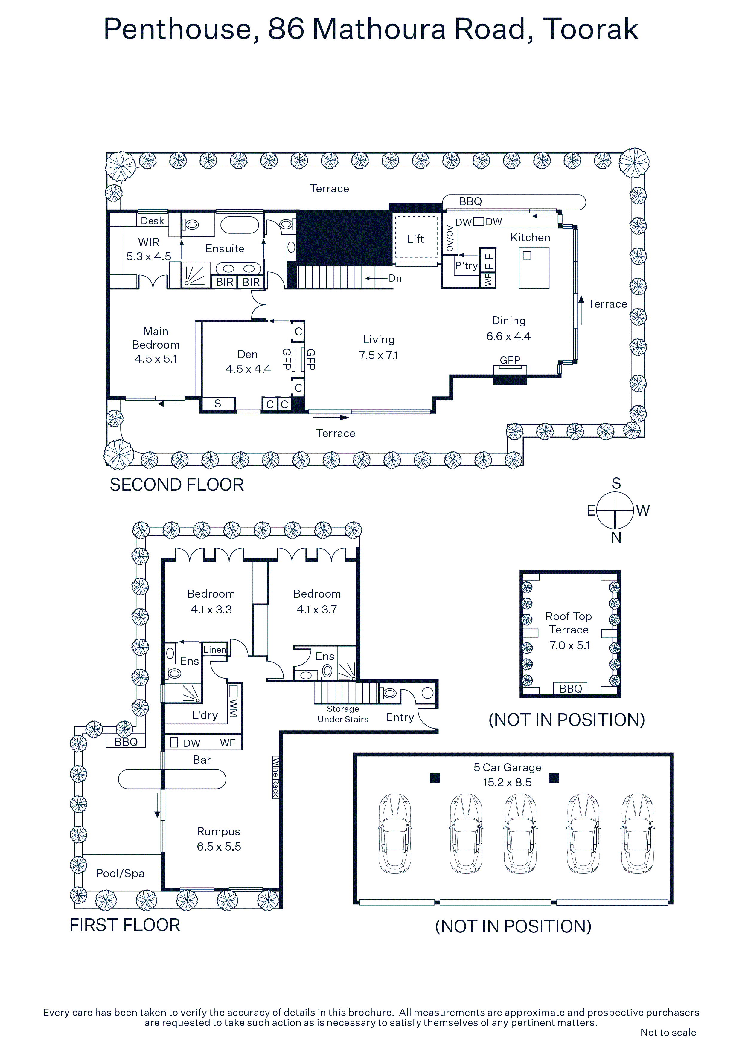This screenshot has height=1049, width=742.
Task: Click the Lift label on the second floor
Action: [415, 239]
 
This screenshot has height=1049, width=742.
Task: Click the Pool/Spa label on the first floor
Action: [120, 873]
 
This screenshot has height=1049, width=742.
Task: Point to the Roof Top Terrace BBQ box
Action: [570, 688]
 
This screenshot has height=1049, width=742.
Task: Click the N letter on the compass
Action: [616, 538]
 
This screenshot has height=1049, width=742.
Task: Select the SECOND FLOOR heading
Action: [176, 485]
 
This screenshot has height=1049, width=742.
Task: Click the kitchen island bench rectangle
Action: [534, 268]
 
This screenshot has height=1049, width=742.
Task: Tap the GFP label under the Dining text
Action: [510, 360]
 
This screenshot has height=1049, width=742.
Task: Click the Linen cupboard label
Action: [214, 649]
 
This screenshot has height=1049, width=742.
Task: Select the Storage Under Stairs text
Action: [343, 714]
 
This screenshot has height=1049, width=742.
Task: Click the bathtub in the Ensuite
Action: [240, 225]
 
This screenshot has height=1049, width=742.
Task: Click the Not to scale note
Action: [668, 1032]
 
